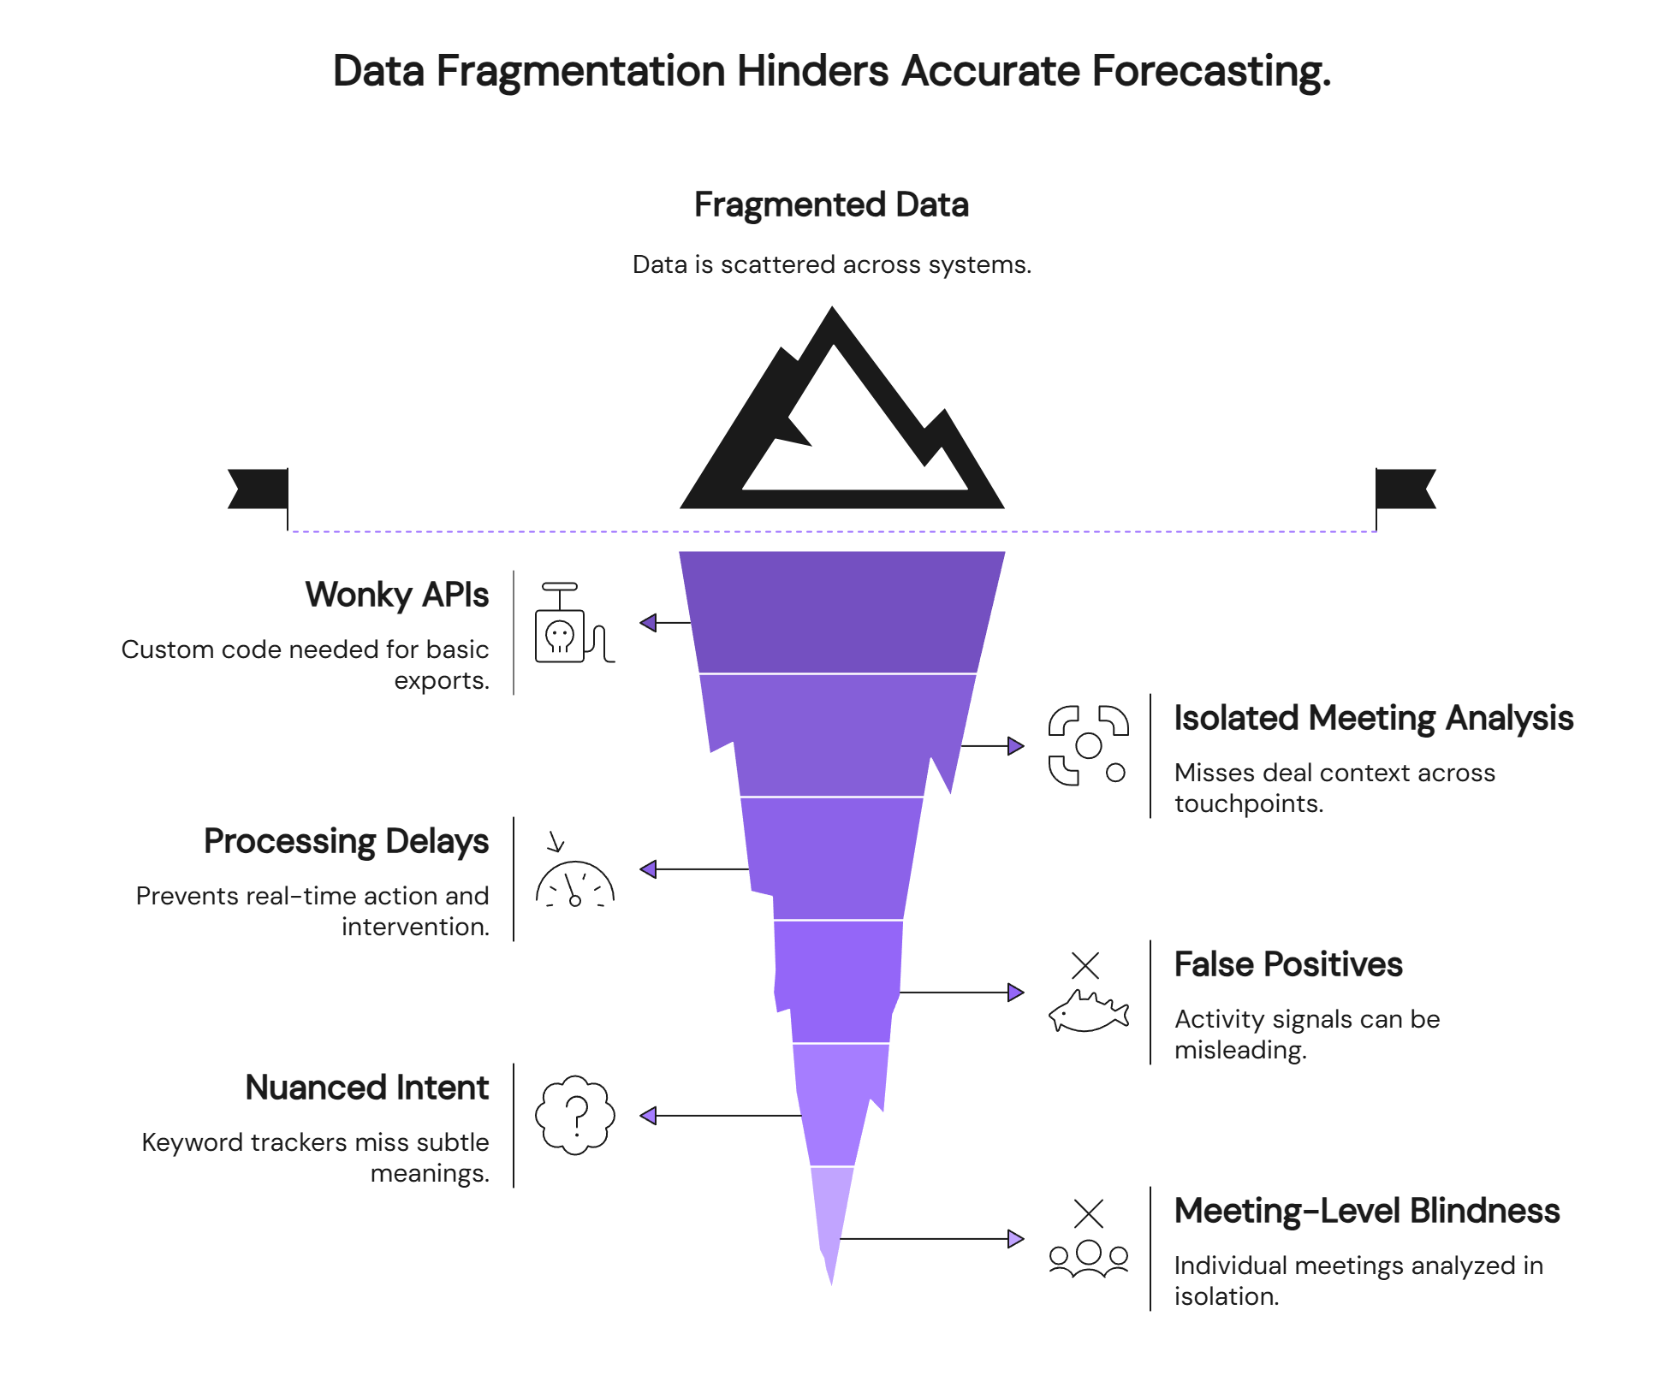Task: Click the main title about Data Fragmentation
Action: click(x=831, y=71)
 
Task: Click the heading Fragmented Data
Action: click(x=831, y=205)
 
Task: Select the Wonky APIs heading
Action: click(x=397, y=596)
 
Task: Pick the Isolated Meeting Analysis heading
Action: click(x=1373, y=719)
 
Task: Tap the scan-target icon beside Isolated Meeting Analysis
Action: click(x=1088, y=745)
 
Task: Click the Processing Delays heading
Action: click(x=347, y=842)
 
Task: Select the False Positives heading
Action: click(x=1287, y=965)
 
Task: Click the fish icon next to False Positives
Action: click(x=1088, y=1010)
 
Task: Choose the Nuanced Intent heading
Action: click(x=367, y=1088)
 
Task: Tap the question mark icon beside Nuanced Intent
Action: click(x=575, y=1115)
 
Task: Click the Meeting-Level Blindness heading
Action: click(x=1366, y=1212)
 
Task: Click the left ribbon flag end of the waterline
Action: click(x=257, y=489)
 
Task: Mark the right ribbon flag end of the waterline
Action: click(x=1406, y=489)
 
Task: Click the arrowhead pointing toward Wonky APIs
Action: click(x=649, y=623)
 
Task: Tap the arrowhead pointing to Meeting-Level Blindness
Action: click(x=1015, y=1238)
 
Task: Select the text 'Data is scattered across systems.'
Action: click(x=831, y=265)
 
